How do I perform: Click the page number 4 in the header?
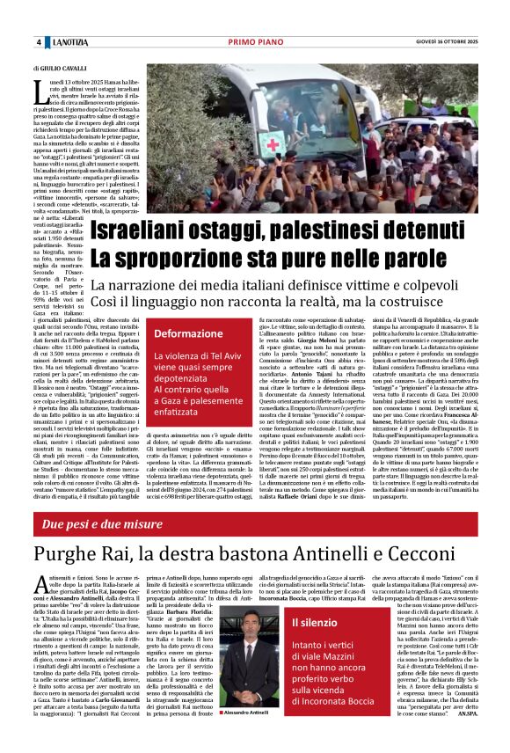tap(39, 42)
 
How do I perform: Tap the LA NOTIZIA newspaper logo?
tap(69, 42)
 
